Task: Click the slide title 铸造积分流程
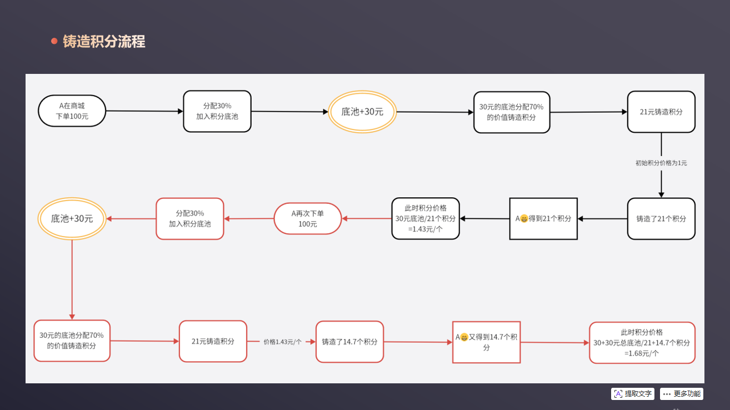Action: coord(104,42)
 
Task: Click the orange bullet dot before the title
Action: coord(54,41)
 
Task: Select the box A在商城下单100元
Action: coord(72,111)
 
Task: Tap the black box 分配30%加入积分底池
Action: coord(217,111)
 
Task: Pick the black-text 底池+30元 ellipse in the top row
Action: coord(362,112)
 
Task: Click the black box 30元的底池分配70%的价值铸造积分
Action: coord(512,112)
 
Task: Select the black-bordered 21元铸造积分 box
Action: coord(661,112)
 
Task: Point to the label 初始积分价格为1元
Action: coord(661,163)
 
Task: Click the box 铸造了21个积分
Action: coord(661,219)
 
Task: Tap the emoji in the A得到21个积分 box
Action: coord(523,219)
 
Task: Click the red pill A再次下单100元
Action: coord(308,218)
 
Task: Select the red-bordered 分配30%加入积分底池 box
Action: coord(190,218)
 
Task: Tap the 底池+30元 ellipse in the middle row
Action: coord(72,219)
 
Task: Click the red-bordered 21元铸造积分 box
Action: coord(213,341)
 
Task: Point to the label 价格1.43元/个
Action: coord(282,342)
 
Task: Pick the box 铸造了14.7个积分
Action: coord(349,342)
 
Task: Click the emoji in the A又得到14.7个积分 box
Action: coord(464,337)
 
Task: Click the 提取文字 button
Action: coord(633,394)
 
